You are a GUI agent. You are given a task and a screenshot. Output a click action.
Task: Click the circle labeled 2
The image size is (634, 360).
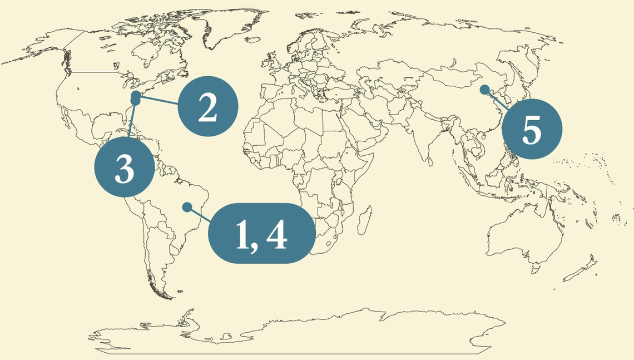207,106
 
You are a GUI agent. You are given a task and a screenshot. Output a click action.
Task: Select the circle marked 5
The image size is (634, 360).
532,129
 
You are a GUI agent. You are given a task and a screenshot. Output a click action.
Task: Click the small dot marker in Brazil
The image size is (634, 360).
187,207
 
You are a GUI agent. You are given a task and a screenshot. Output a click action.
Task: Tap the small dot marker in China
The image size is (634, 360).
484,89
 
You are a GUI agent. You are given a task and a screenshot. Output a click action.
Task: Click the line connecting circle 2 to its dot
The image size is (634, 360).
158,101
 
